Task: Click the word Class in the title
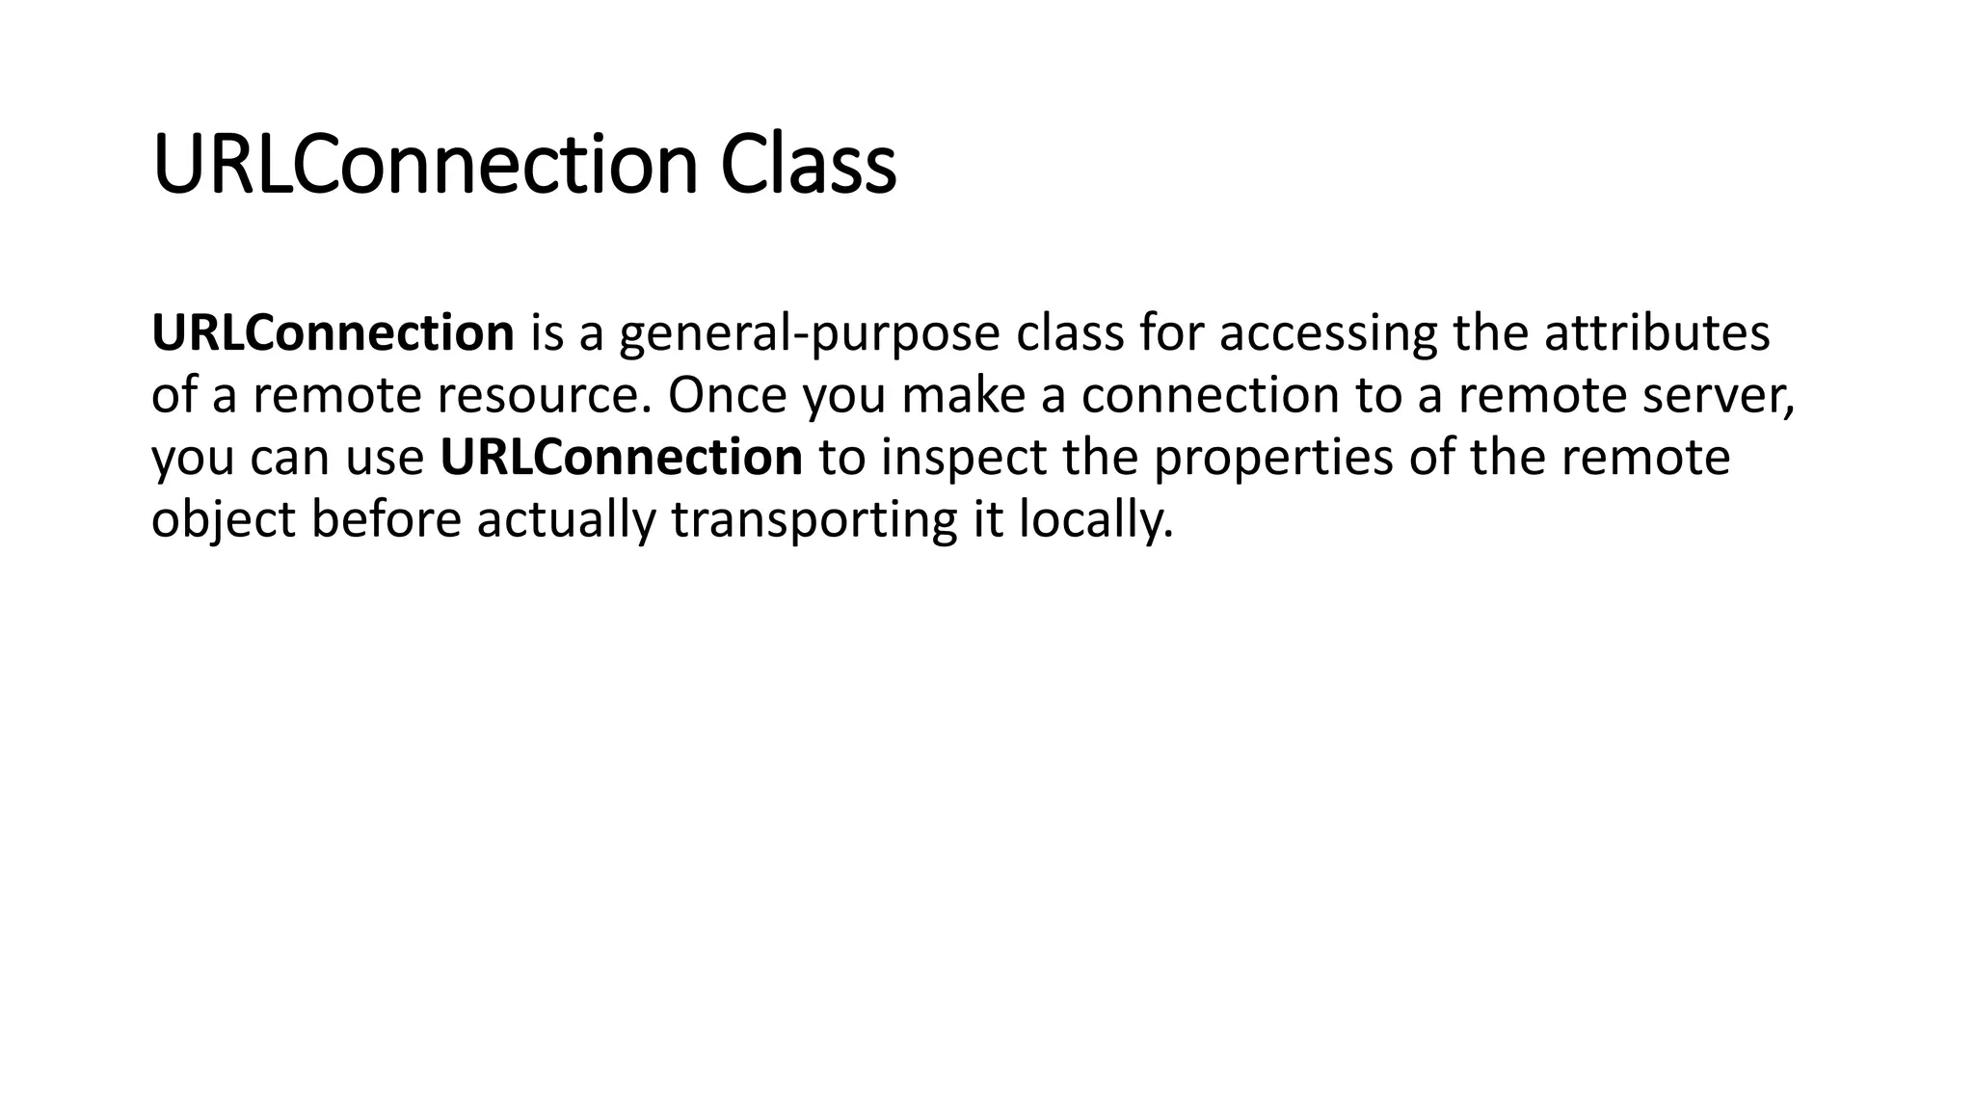click(808, 166)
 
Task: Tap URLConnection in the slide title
click(424, 166)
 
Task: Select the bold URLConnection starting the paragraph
click(333, 333)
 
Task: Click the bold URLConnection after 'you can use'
click(621, 458)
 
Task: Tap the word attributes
click(1657, 333)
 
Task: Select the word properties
click(1272, 459)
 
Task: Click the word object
click(223, 520)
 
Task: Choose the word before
click(386, 519)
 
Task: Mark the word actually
click(566, 520)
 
